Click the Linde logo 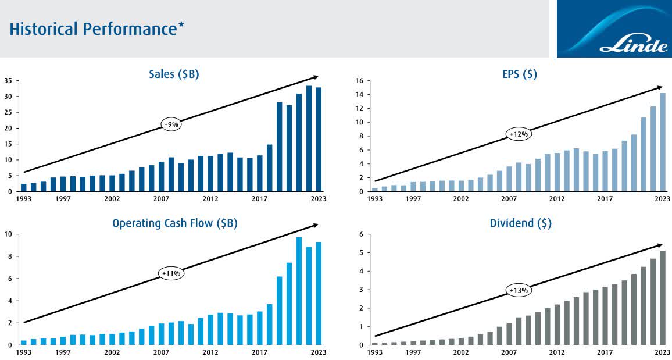pos(614,29)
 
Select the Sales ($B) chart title pos(174,74)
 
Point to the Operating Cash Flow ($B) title pos(175,223)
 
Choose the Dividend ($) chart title pos(520,223)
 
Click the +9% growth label pos(171,124)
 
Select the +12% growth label pos(519,134)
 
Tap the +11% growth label pos(171,273)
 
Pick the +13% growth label pos(519,290)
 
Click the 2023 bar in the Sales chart pos(319,140)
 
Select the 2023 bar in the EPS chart pos(663,142)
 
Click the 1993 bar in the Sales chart pos(23,187)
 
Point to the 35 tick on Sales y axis pos(8,81)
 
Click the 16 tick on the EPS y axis pos(359,81)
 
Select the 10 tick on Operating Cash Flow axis pos(8,234)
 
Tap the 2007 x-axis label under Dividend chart pos(509,352)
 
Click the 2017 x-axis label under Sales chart pos(260,199)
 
